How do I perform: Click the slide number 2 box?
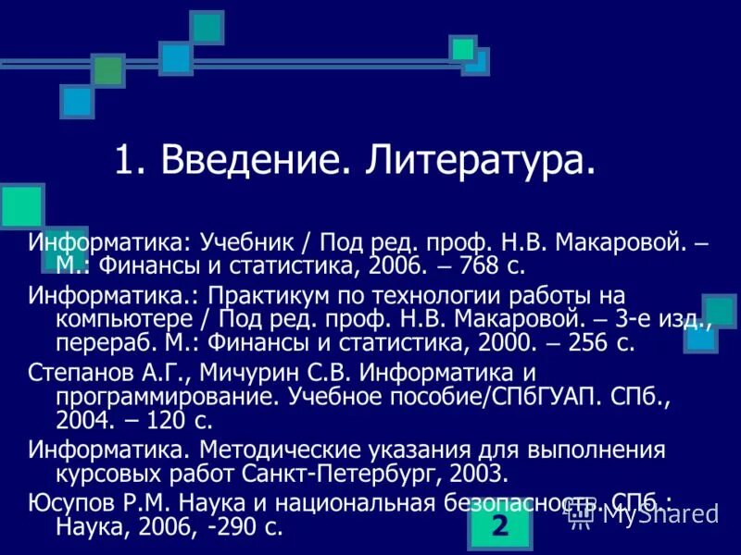click(500, 526)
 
